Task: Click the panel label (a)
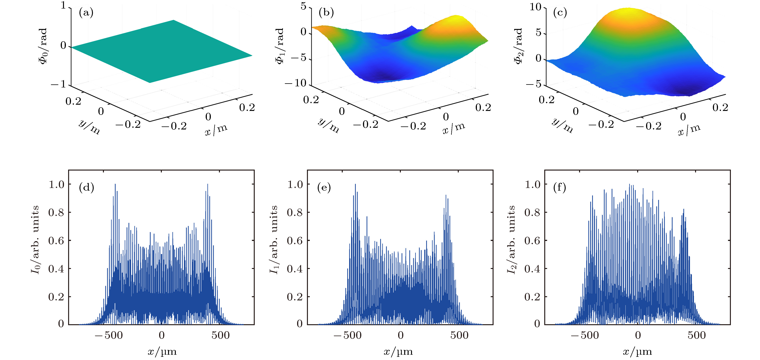pyautogui.click(x=86, y=13)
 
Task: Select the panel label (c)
pyautogui.click(x=560, y=13)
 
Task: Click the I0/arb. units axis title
pyautogui.click(x=35, y=240)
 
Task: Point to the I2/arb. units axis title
pyautogui.click(x=511, y=240)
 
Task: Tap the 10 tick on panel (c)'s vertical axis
pyautogui.click(x=535, y=7)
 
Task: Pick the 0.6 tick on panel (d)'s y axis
pyautogui.click(x=56, y=241)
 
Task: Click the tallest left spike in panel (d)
pyautogui.click(x=115, y=185)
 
